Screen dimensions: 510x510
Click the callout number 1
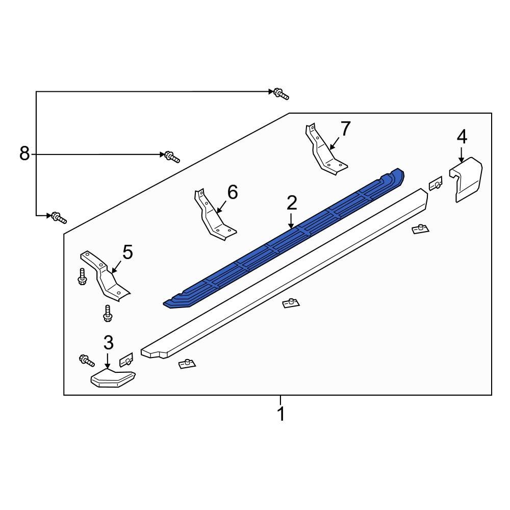click(280, 414)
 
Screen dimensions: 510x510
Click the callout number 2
click(291, 203)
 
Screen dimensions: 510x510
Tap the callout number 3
click(108, 342)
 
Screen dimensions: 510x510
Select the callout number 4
click(461, 136)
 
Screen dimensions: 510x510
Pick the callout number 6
click(232, 192)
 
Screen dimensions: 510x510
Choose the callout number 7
click(345, 129)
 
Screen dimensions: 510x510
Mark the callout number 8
click(24, 153)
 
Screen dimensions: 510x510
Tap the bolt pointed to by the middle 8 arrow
click(171, 157)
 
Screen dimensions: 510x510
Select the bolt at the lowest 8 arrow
click(58, 218)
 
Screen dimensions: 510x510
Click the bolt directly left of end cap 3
click(86, 361)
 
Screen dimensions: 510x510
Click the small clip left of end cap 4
click(435, 184)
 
